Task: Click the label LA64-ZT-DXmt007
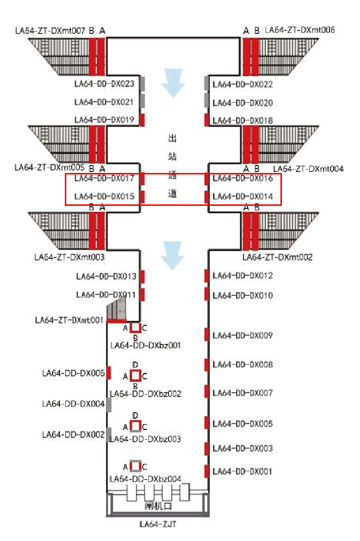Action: pos(51,31)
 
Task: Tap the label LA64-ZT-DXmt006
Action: pos(300,30)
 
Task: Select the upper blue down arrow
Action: pos(173,83)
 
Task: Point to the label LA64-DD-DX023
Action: pos(104,84)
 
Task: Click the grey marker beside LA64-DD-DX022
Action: pos(207,84)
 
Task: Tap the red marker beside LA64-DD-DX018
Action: pos(207,120)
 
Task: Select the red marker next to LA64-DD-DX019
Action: pos(142,120)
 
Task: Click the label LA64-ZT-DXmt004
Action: pos(308,169)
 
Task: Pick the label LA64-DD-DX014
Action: pos(243,197)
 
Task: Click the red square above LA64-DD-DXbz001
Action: pos(136,328)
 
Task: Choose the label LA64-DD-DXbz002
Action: pos(146,394)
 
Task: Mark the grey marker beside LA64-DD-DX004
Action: pos(109,404)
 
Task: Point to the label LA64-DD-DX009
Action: pos(243,336)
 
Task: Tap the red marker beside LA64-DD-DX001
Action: pos(207,471)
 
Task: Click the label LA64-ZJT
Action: pos(158,524)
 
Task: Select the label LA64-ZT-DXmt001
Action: pos(69,320)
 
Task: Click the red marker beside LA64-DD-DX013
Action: pos(142,276)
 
